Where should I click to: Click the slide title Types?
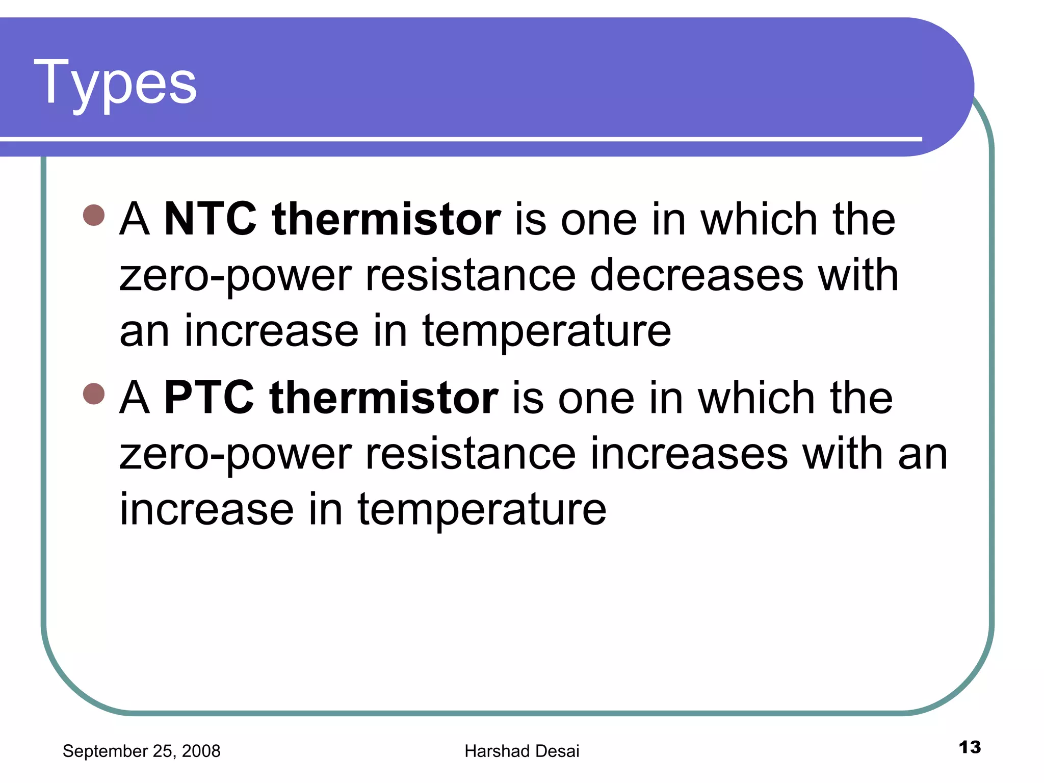(x=115, y=83)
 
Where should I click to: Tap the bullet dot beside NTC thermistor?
(x=94, y=215)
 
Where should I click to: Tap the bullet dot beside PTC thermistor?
(x=94, y=394)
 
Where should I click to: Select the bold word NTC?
(x=211, y=219)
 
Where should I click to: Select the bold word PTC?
(x=209, y=398)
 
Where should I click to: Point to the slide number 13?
(x=970, y=747)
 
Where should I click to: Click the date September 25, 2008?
(x=141, y=751)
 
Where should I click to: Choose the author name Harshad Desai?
(x=521, y=751)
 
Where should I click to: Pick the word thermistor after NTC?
(x=386, y=219)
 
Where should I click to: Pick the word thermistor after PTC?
(x=384, y=398)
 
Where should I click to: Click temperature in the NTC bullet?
(x=546, y=332)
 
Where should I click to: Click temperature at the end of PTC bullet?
(x=482, y=510)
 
